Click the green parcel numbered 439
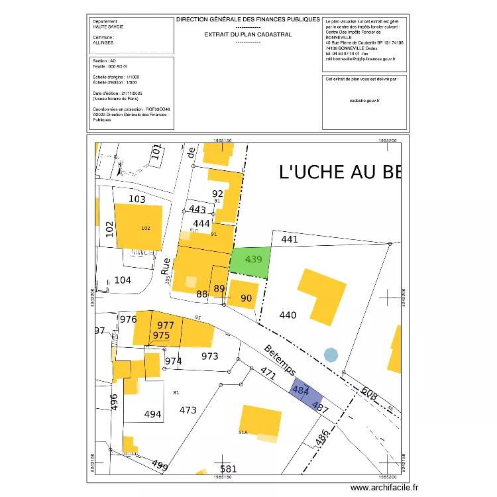pyautogui.click(x=250, y=262)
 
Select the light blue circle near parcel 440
pyautogui.click(x=331, y=355)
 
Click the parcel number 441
pyautogui.click(x=290, y=239)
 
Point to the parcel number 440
pyautogui.click(x=288, y=315)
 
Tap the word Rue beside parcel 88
pyautogui.click(x=166, y=266)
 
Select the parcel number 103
pyautogui.click(x=137, y=199)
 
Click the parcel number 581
pyautogui.click(x=228, y=469)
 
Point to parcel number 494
pyautogui.click(x=152, y=414)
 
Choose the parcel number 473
pyautogui.click(x=188, y=410)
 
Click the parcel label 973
pyautogui.click(x=209, y=356)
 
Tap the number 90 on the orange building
pyautogui.click(x=246, y=298)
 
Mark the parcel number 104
pyautogui.click(x=123, y=280)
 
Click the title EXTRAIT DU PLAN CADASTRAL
pyautogui.click(x=248, y=34)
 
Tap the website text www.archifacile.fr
pyautogui.click(x=384, y=488)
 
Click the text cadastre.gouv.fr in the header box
pyautogui.click(x=364, y=100)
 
